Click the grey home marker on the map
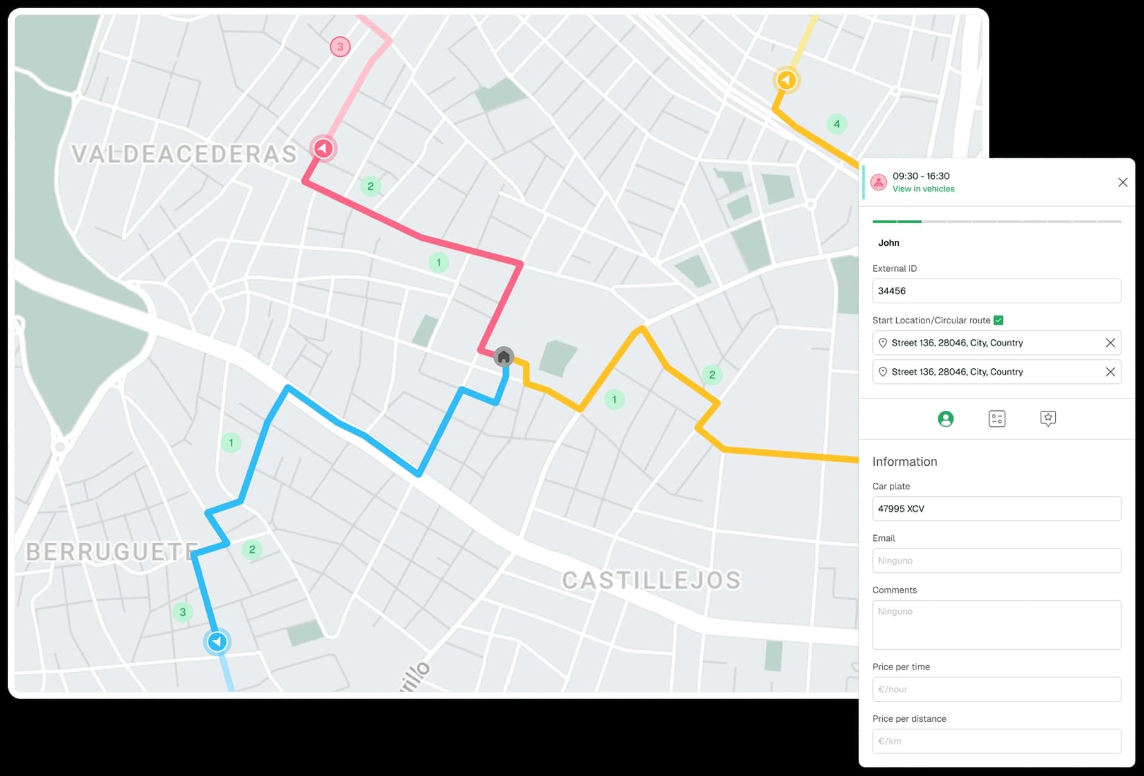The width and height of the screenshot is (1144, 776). pyautogui.click(x=503, y=357)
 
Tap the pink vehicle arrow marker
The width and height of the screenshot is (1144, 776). pyautogui.click(x=324, y=149)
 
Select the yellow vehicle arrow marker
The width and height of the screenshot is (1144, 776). pyautogui.click(x=786, y=80)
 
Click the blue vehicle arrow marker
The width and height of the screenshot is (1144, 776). pyautogui.click(x=218, y=642)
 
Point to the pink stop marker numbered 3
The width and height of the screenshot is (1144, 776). pyautogui.click(x=341, y=47)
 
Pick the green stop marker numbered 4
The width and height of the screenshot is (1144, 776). pyautogui.click(x=837, y=124)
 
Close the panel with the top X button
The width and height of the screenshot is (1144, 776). pyautogui.click(x=1123, y=182)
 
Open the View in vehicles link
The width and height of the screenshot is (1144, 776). pyautogui.click(x=923, y=189)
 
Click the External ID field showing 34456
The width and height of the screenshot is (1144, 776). pyautogui.click(x=996, y=291)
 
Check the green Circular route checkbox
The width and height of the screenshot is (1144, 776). pyautogui.click(x=998, y=320)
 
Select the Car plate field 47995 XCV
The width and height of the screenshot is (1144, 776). pyautogui.click(x=996, y=509)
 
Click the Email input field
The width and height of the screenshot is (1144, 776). pyautogui.click(x=996, y=560)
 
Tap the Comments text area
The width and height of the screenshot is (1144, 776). pyautogui.click(x=996, y=625)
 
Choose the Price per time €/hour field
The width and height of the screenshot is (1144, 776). pyautogui.click(x=996, y=689)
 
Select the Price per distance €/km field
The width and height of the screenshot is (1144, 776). pyautogui.click(x=996, y=741)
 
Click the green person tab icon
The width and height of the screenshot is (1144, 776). pyautogui.click(x=945, y=419)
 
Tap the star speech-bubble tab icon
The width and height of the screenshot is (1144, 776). pyautogui.click(x=1048, y=419)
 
